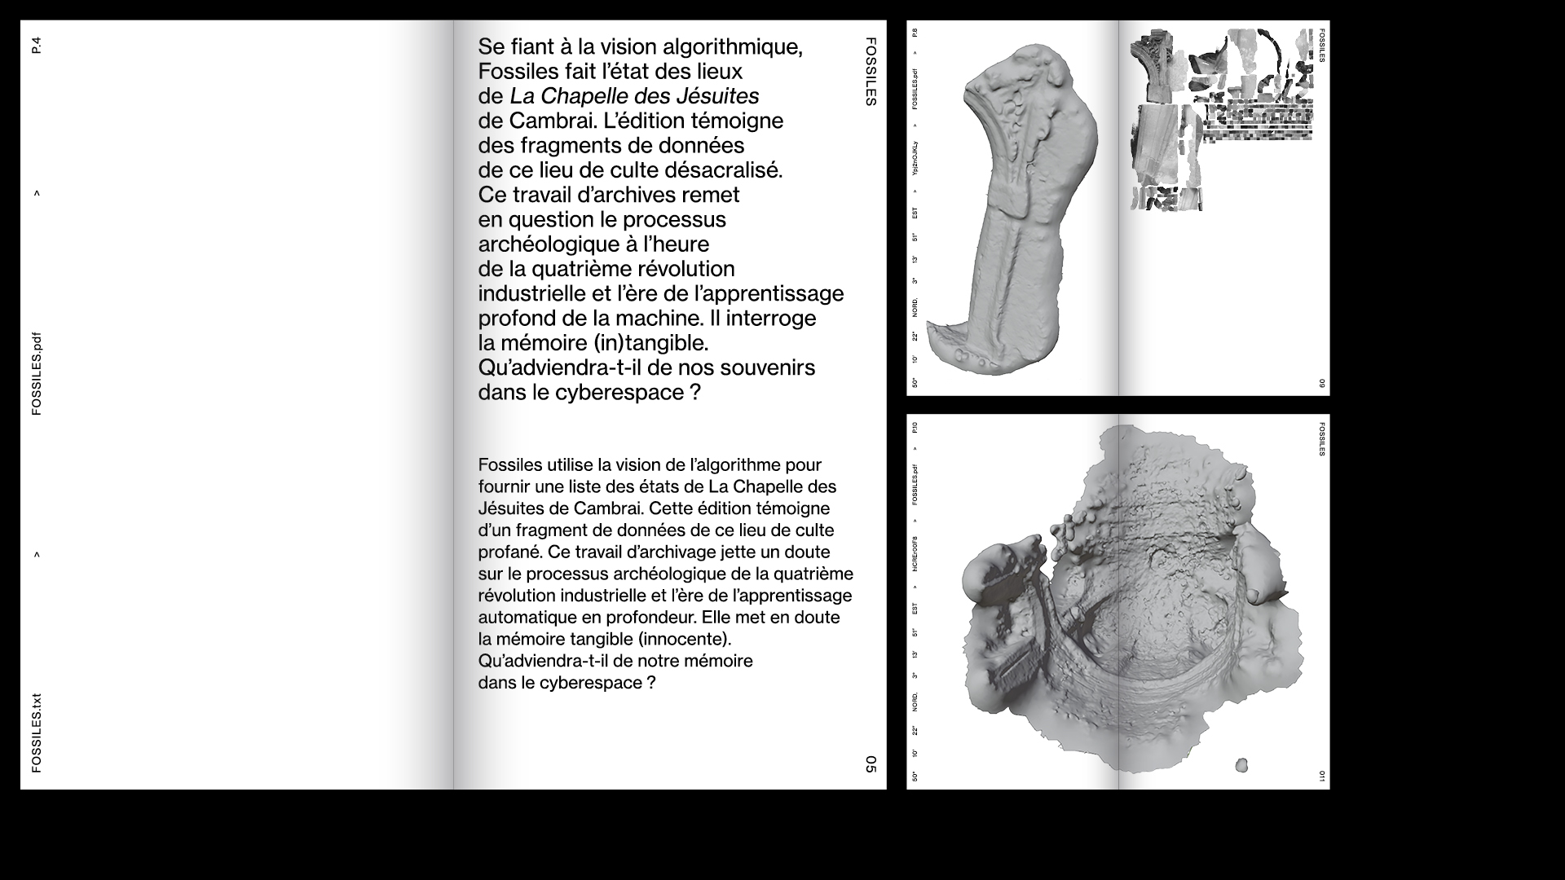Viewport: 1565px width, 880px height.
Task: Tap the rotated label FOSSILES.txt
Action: tap(36, 733)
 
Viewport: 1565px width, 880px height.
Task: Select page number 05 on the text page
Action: tap(871, 764)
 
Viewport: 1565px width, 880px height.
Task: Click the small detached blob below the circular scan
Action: tap(1241, 765)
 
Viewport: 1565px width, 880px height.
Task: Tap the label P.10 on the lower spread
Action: tap(915, 427)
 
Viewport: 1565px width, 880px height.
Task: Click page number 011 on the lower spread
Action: tap(1321, 777)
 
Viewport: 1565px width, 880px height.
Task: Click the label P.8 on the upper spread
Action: tap(915, 33)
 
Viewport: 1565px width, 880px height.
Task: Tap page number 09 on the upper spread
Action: tap(1321, 384)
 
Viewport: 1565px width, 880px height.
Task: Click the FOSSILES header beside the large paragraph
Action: tap(871, 72)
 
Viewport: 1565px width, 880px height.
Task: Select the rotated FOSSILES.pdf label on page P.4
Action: tap(36, 374)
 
